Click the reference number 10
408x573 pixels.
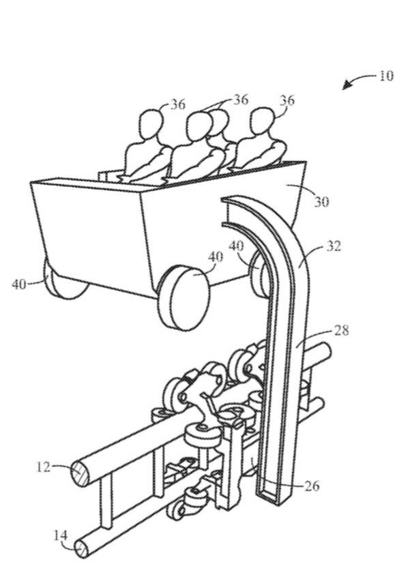385,76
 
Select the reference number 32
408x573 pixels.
333,246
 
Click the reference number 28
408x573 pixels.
342,330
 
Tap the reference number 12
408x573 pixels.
42,467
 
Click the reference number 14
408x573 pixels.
61,536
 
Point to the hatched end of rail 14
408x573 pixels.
82,547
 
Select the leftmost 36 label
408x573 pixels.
178,104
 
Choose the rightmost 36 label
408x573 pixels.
287,101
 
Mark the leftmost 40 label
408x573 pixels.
20,284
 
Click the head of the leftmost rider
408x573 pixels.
151,126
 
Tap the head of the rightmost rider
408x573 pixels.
261,120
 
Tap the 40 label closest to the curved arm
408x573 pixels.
237,245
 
